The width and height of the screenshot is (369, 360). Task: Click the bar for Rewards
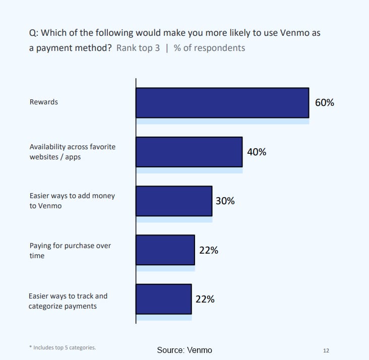[x=222, y=103]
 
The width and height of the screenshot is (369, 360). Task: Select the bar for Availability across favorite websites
[x=189, y=152]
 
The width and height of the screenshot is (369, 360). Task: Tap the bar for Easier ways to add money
[x=174, y=201]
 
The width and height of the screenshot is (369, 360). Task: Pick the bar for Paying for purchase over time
[x=165, y=250]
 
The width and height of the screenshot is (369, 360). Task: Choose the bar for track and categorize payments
[x=164, y=299]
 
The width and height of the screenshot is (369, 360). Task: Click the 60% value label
[x=324, y=102]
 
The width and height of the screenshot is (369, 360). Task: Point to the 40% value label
[x=256, y=152]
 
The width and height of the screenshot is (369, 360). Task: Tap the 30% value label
[x=225, y=201]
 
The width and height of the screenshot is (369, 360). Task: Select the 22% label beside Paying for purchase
[x=208, y=250]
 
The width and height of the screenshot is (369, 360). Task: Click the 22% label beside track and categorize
[x=205, y=299]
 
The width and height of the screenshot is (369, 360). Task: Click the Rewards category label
[x=44, y=102]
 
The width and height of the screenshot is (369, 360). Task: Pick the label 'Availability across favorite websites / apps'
[x=72, y=152]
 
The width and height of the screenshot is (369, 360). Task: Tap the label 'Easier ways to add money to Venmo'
[x=72, y=201]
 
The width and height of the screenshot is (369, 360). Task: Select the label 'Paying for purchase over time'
[x=70, y=251]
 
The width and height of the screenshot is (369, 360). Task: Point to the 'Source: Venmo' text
[x=184, y=350]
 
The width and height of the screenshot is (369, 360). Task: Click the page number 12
[x=326, y=350]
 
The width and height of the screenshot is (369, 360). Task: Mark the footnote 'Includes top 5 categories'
[x=63, y=347]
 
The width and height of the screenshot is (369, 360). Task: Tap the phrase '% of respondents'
[x=209, y=48]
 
